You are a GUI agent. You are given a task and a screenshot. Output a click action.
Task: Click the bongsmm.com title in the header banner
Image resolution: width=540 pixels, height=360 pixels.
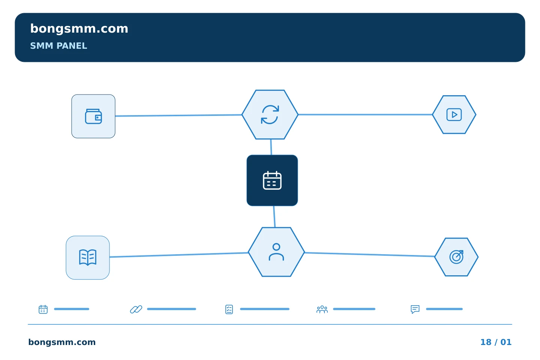pyautogui.click(x=79, y=29)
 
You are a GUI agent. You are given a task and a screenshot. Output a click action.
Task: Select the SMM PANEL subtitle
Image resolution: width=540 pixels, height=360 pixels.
pyautogui.click(x=58, y=46)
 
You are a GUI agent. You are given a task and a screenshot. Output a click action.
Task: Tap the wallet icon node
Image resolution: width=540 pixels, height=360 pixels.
pyautogui.click(x=93, y=116)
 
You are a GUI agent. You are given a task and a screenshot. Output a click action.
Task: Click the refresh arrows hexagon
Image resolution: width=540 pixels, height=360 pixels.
pyautogui.click(x=270, y=114)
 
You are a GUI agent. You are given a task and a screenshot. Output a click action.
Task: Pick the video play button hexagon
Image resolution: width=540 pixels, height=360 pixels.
pyautogui.click(x=454, y=114)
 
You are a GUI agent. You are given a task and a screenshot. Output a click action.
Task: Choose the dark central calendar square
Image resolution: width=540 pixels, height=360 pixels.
pyautogui.click(x=272, y=180)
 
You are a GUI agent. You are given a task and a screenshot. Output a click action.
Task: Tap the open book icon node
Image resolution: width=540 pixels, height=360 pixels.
pyautogui.click(x=88, y=258)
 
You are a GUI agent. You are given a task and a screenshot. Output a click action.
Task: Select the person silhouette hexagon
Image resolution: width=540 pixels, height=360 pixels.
pyautogui.click(x=276, y=252)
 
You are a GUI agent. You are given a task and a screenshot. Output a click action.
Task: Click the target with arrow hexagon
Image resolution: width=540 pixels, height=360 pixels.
pyautogui.click(x=456, y=257)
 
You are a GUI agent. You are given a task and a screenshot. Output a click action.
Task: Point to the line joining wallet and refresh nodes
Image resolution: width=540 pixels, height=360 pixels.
pyautogui.click(x=178, y=115)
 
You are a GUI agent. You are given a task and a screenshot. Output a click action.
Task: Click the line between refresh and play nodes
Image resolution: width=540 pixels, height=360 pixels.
pyautogui.click(x=365, y=114)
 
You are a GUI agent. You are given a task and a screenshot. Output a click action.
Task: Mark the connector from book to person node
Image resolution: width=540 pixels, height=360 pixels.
pyautogui.click(x=179, y=255)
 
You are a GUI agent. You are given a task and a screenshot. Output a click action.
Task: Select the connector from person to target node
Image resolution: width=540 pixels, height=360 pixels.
pyautogui.click(x=370, y=254)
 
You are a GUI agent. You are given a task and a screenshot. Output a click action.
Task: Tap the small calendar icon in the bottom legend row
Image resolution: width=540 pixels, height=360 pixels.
pyautogui.click(x=43, y=309)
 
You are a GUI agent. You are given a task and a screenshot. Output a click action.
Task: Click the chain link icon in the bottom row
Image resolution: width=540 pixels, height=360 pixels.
pyautogui.click(x=136, y=309)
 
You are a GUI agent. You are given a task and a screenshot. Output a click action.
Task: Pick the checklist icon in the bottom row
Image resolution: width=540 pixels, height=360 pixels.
pyautogui.click(x=229, y=309)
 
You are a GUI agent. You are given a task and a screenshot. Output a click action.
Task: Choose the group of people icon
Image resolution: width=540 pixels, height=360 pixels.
pyautogui.click(x=322, y=309)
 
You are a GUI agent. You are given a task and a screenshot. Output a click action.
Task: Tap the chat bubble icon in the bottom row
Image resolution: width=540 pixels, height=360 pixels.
pyautogui.click(x=415, y=309)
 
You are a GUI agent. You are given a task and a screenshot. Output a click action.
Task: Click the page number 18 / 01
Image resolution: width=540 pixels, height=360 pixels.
pyautogui.click(x=496, y=342)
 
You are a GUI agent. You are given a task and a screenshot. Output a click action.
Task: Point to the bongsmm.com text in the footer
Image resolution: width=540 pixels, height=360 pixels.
pyautogui.click(x=62, y=342)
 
